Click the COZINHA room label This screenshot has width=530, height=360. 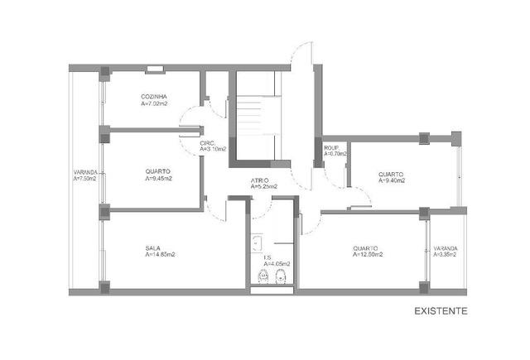[155, 98]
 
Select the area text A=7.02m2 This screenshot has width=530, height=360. [155, 105]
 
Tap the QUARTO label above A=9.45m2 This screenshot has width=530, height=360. [157, 170]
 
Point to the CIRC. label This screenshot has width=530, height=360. [207, 142]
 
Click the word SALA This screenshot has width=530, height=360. [152, 247]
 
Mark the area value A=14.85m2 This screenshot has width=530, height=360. [160, 255]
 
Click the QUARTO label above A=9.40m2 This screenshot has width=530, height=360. [391, 173]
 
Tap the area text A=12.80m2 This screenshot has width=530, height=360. [366, 255]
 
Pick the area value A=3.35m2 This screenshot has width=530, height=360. [446, 255]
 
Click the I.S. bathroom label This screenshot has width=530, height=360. [267, 257]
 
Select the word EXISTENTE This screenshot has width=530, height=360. [441, 312]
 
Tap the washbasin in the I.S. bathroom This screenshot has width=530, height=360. [257, 242]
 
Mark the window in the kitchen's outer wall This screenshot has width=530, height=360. [153, 68]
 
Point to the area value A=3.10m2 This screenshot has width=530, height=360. [213, 149]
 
